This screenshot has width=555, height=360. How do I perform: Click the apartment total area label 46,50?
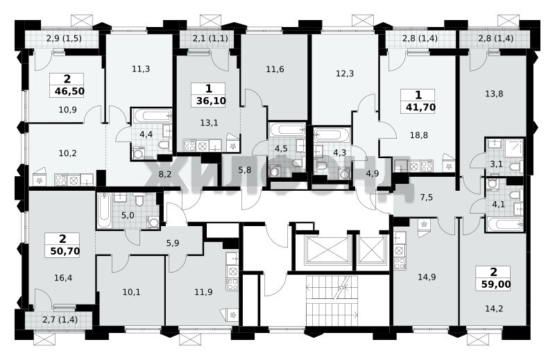click(x=70, y=92)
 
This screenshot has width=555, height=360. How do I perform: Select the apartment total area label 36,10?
click(x=211, y=101)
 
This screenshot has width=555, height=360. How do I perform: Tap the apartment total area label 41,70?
click(x=420, y=107)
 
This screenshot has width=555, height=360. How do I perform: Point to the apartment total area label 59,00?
click(x=496, y=284)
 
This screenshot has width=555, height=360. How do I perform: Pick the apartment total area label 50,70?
click(x=65, y=251)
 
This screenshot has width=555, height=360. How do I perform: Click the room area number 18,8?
click(x=419, y=135)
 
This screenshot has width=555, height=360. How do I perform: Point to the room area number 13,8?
click(x=494, y=94)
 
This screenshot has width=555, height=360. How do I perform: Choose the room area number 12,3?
click(x=345, y=74)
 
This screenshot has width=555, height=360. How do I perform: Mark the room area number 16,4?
click(x=63, y=278)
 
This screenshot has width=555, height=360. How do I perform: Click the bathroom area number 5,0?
click(x=128, y=215)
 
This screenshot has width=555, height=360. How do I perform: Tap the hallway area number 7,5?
click(x=426, y=197)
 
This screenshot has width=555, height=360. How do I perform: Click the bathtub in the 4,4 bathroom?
click(x=152, y=117)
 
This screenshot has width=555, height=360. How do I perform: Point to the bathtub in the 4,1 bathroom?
click(x=504, y=223)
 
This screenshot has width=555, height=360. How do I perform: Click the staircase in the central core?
click(x=332, y=301)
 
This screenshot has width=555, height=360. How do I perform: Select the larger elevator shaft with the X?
click(x=327, y=250)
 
